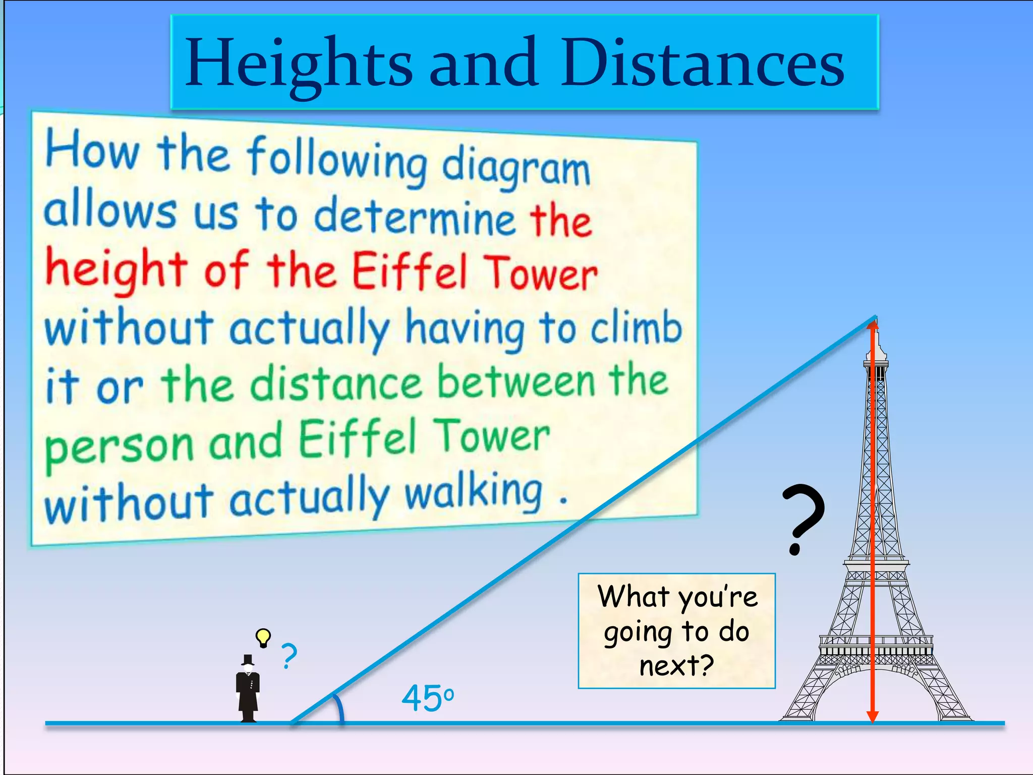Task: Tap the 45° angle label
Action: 427,698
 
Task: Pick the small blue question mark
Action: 289,656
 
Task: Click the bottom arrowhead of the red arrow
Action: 873,716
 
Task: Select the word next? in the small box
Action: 676,665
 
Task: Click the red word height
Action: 116,270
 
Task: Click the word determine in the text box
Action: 414,218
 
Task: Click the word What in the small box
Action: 633,596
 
